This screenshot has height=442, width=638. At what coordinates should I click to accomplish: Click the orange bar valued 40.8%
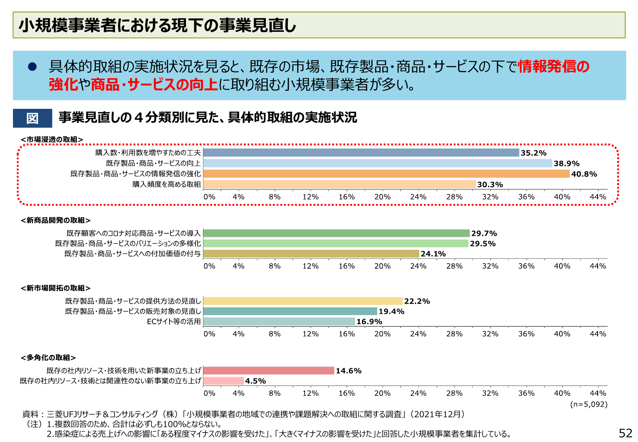click(x=386, y=174)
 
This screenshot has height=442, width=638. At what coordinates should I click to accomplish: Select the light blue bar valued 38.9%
click(x=378, y=163)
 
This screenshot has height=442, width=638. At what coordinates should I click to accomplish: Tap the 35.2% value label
click(x=534, y=153)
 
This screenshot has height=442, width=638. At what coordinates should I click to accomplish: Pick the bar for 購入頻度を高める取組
click(x=339, y=184)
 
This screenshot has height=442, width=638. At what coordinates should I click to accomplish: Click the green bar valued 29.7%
click(x=336, y=233)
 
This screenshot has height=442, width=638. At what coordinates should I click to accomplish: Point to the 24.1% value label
click(x=433, y=254)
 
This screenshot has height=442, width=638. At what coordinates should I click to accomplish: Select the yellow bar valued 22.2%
click(x=303, y=301)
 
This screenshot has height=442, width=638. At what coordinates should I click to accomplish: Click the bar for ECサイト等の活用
click(x=279, y=321)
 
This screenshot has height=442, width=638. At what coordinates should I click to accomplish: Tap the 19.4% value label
click(x=391, y=312)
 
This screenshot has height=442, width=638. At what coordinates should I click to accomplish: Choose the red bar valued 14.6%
click(x=269, y=370)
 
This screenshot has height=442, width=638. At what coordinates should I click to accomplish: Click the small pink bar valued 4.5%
click(x=224, y=381)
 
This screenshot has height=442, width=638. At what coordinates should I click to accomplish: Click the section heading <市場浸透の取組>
click(x=52, y=139)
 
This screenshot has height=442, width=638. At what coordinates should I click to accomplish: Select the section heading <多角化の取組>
click(x=48, y=358)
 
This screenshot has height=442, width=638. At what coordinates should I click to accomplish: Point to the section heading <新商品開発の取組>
click(x=55, y=220)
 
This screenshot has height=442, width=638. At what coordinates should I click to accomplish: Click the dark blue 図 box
click(x=33, y=118)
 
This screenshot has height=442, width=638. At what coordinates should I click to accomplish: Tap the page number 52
click(x=625, y=433)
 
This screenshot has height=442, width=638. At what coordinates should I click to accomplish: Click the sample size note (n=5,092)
click(x=589, y=404)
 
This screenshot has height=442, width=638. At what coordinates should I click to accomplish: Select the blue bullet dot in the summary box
click(x=32, y=67)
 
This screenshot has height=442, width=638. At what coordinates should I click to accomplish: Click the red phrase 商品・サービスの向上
click(x=154, y=84)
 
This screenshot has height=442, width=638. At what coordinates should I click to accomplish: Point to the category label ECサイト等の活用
click(x=174, y=321)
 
